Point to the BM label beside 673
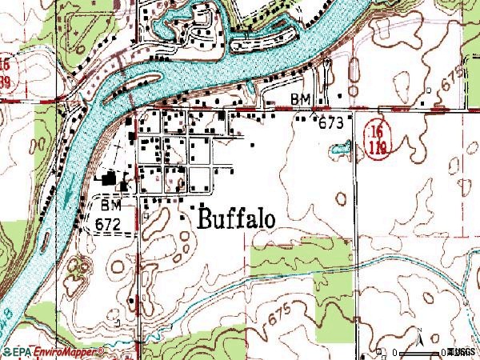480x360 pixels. [300, 98]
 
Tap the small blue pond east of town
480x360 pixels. [341, 148]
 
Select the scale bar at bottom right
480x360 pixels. [416, 351]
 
